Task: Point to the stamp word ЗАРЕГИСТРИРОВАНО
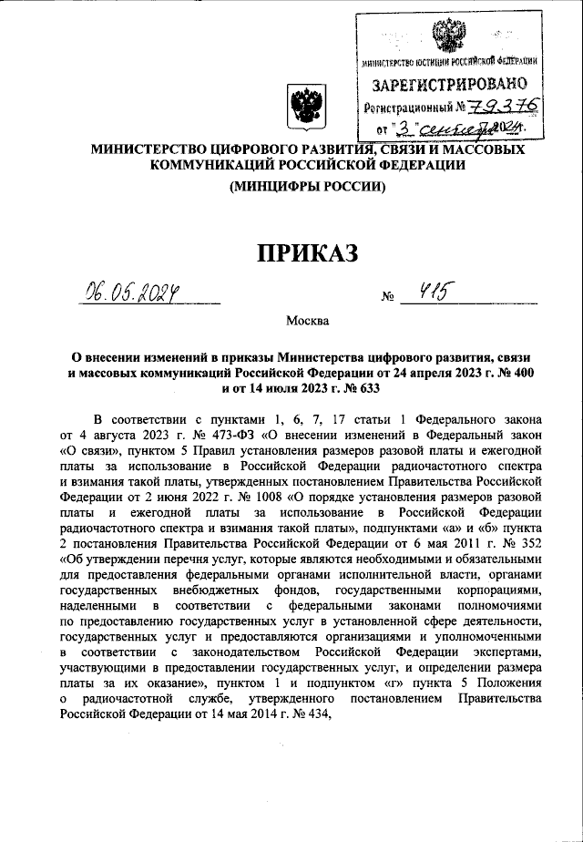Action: tap(449, 86)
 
